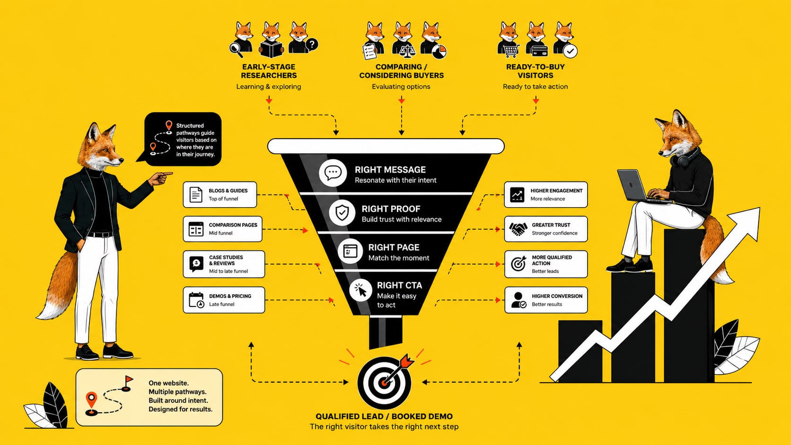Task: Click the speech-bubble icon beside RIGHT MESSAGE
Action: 332,173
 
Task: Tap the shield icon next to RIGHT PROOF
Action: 342,213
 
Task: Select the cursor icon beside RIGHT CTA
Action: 360,290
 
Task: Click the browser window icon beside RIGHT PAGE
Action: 350,251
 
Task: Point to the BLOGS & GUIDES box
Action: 220,194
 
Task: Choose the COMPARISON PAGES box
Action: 222,229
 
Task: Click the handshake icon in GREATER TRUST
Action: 518,229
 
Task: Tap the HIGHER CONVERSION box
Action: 546,300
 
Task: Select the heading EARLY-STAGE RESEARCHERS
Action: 269,71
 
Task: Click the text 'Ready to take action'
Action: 536,87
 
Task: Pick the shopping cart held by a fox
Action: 510,51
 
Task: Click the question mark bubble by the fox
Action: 311,45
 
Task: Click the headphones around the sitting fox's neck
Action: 685,158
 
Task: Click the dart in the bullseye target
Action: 398,369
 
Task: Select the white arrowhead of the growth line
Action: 747,222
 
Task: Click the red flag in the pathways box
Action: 129,380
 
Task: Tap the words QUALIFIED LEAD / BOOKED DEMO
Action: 384,417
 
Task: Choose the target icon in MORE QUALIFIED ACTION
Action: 519,263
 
